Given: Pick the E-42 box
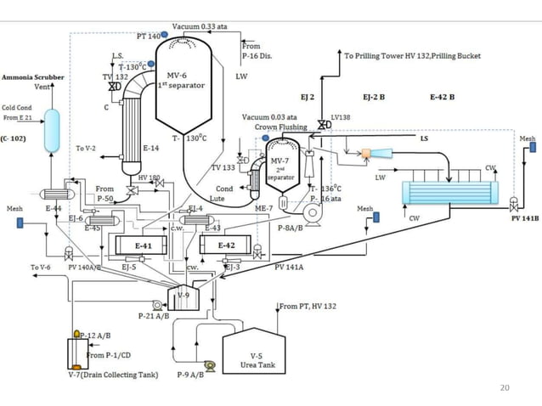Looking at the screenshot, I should click(x=227, y=245).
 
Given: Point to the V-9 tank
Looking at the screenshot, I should click(x=184, y=296).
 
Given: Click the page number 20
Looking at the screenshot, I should click(x=506, y=388).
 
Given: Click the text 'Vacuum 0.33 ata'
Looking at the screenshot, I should click(x=200, y=26).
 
